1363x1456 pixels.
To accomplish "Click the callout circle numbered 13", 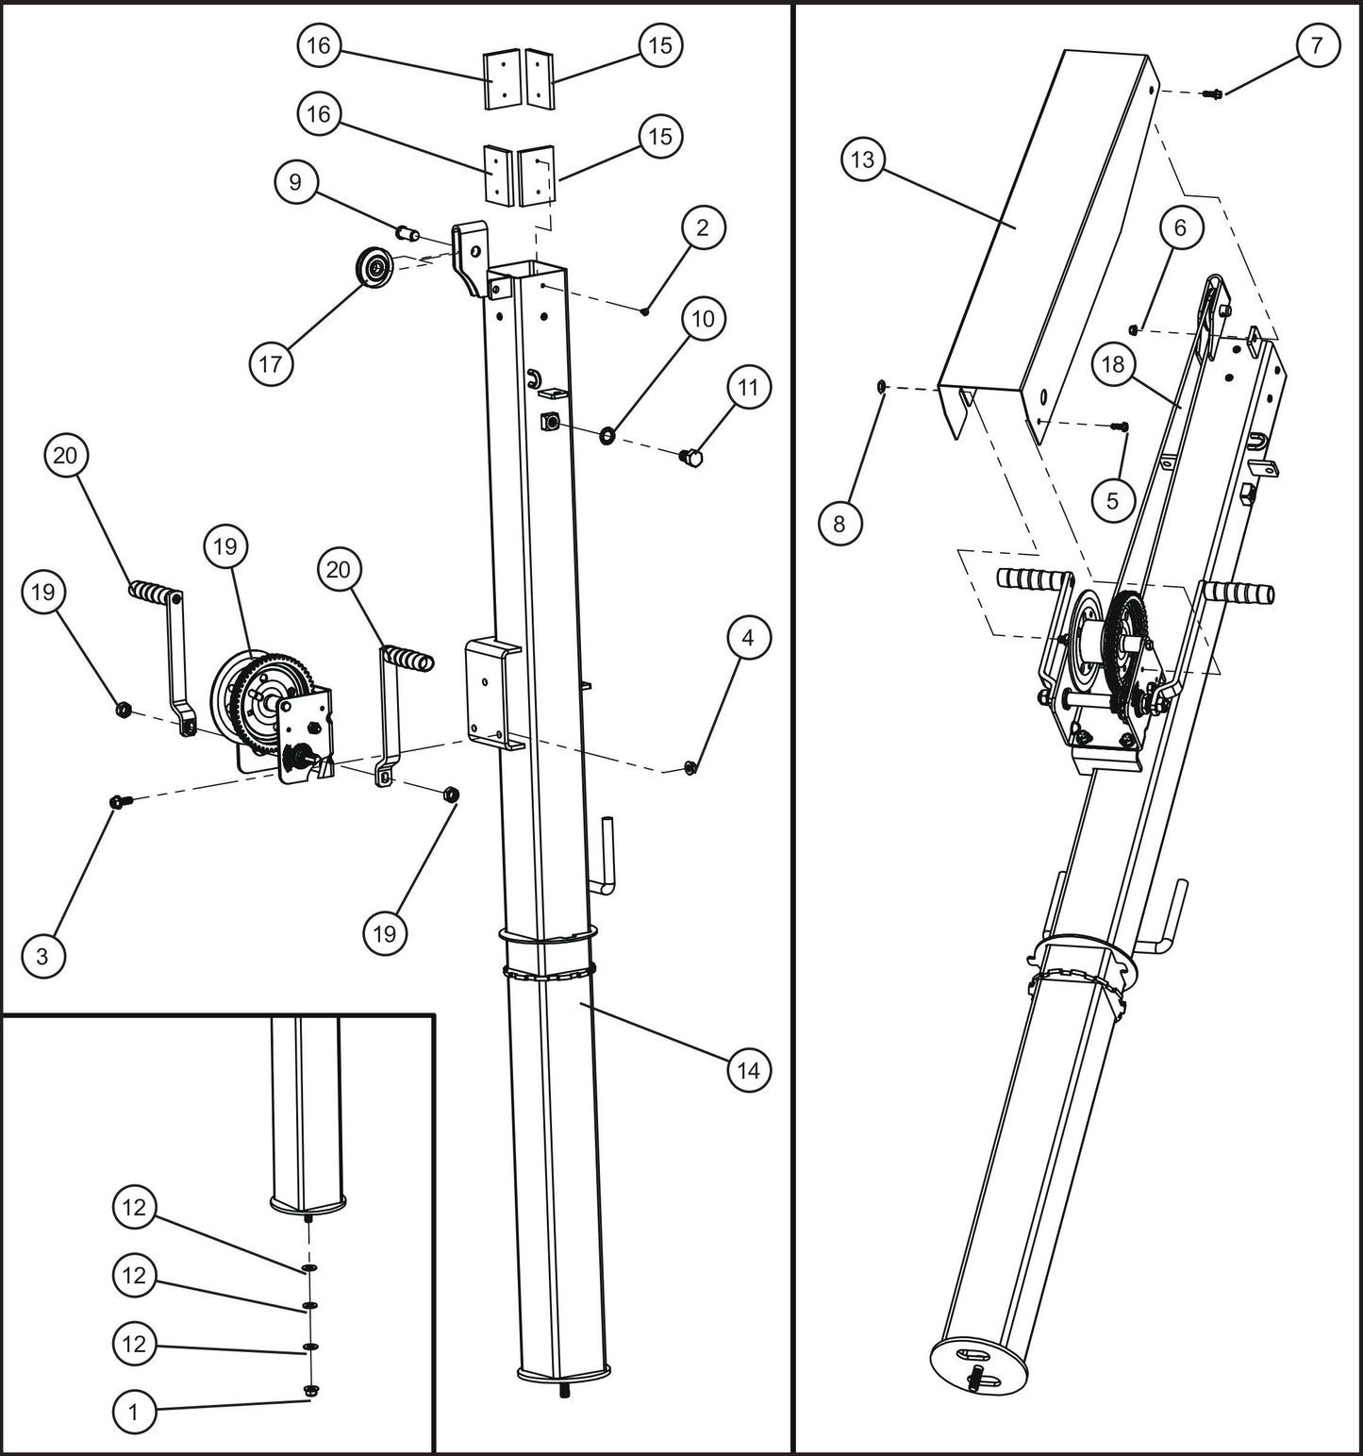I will pos(863,159).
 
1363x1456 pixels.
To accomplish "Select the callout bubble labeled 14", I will pos(748,1070).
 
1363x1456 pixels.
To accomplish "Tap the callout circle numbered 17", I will pos(271,363).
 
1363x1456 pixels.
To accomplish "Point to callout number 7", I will pos(1316,45).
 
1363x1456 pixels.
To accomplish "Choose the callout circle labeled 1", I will pos(134,1412).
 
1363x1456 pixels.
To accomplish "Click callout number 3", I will pos(42,955).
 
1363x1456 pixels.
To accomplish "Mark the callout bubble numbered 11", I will pos(748,388).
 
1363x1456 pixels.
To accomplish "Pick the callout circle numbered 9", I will pos(296,181).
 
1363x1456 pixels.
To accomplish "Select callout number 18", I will pos(1113,364).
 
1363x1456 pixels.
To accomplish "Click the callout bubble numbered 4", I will pos(748,638).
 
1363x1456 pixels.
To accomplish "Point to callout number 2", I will pos(702,227).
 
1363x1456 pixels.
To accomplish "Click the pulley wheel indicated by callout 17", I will pos(376,267).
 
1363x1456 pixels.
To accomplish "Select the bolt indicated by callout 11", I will pos(691,458).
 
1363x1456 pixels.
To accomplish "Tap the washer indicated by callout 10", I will pos(607,435).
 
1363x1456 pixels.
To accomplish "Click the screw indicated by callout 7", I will pos(1215,93).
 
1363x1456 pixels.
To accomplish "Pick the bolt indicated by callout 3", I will pos(120,802).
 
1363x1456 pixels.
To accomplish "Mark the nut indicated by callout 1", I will pos(310,1390).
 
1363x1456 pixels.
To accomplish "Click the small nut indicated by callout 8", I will pos(879,385).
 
